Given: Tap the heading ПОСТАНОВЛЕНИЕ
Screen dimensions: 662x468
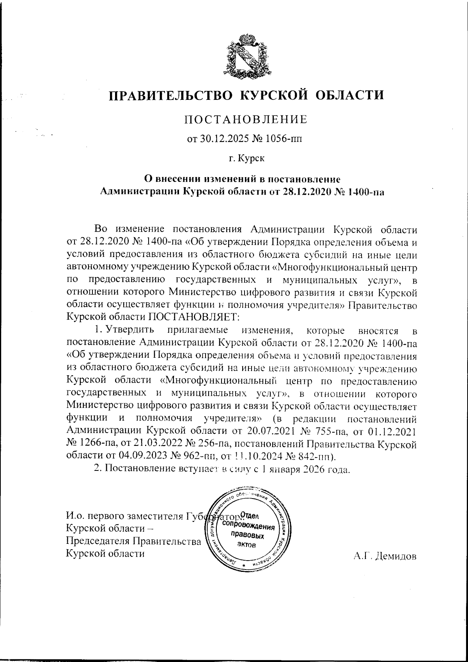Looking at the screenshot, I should (245, 119).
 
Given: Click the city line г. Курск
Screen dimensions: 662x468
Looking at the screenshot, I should (246, 158).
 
